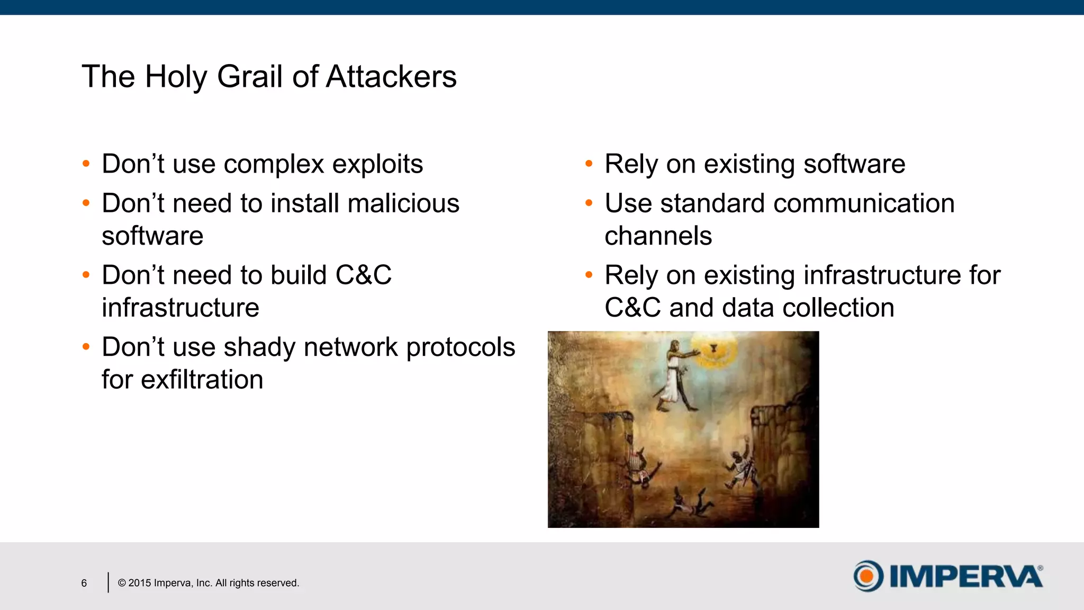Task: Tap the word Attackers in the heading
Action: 391,77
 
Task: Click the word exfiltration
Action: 202,380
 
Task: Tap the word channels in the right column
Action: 658,236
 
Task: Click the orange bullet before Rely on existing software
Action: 589,164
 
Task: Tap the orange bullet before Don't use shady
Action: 86,347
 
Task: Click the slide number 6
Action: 84,583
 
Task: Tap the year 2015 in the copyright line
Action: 140,583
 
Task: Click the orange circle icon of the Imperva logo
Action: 868,576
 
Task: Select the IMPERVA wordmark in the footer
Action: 966,576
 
